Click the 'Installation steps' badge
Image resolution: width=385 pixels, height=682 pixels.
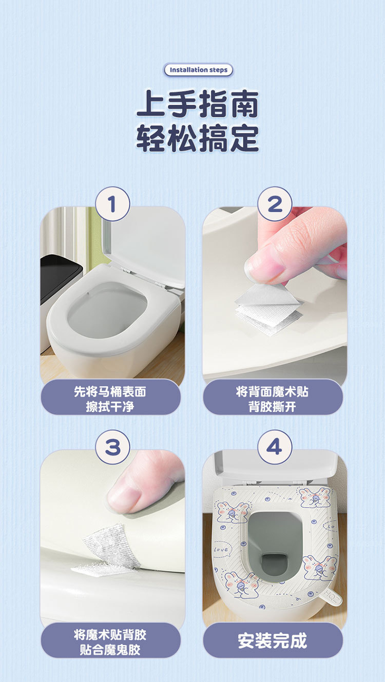198,70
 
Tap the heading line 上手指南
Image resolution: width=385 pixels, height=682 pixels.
198,104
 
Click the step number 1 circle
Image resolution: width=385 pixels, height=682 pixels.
112,204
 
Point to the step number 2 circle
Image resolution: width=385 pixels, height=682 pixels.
275,204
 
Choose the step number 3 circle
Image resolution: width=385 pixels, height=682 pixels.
112,447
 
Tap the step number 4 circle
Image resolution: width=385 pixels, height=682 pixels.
275,447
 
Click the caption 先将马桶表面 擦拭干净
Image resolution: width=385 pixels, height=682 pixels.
110,399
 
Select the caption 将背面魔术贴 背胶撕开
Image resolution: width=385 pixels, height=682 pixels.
272,399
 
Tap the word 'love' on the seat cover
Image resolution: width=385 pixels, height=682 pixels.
221,550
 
